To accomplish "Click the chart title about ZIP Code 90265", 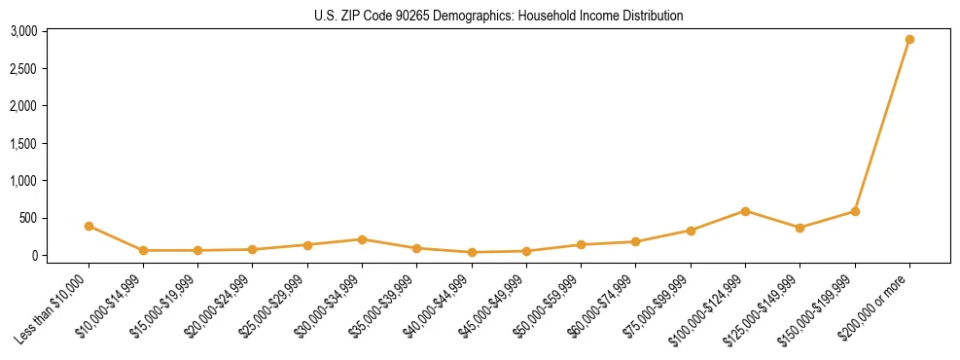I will pos(499,16).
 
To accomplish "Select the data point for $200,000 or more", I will pos(909,40).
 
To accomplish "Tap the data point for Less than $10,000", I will pos(89,226).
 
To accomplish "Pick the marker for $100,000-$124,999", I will pos(745,211).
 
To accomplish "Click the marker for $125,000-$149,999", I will pos(800,228).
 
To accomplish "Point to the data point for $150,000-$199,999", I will pos(855,211).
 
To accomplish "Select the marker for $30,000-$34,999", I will pos(362,239).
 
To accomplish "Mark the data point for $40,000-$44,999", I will pos(472,252).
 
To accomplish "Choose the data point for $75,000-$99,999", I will pos(691,231).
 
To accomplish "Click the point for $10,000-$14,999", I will pos(143,250).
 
